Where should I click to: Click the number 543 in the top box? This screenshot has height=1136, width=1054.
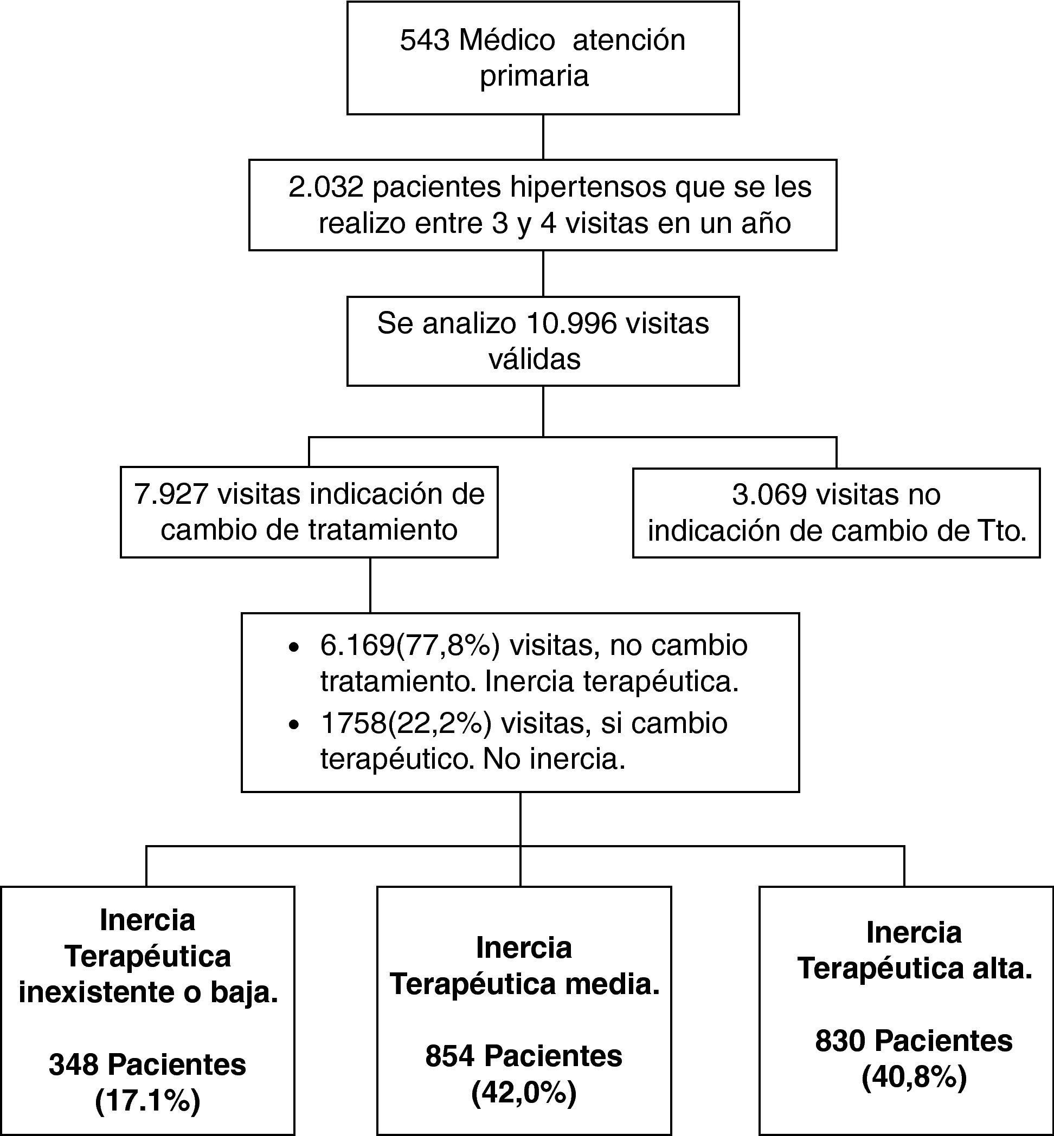(425, 41)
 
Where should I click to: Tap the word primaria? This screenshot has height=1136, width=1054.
(534, 76)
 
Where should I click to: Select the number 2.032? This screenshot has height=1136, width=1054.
(326, 187)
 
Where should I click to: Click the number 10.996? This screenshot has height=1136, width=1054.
(571, 324)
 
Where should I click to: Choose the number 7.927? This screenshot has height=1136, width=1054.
(171, 494)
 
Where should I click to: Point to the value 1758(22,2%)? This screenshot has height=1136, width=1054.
(406, 723)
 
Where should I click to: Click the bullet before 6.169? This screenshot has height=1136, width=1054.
(294, 647)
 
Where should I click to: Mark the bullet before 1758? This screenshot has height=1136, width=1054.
(294, 725)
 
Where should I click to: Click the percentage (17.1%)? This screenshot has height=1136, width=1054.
(147, 1101)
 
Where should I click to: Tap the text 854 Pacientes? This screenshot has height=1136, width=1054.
(524, 1056)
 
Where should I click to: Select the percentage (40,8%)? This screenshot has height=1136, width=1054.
(914, 1078)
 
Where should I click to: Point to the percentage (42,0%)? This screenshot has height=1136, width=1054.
(524, 1093)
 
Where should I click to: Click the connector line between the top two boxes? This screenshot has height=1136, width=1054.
(542, 137)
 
